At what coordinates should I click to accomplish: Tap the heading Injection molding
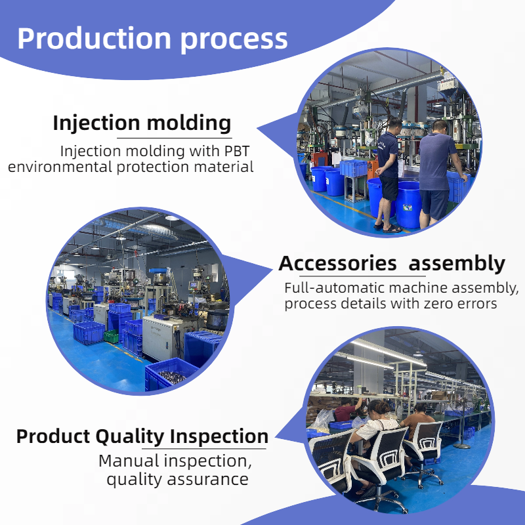click(x=142, y=123)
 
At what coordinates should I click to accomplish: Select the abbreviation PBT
click(x=237, y=151)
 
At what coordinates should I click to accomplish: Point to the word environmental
click(x=60, y=167)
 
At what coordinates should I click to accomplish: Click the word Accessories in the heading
click(x=337, y=263)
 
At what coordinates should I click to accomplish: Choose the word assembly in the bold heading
click(x=457, y=264)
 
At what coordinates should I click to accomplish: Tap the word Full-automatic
click(x=334, y=287)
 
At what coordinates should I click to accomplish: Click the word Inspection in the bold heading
click(x=219, y=437)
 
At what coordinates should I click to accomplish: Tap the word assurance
click(x=207, y=479)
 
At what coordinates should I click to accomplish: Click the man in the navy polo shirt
click(x=389, y=175)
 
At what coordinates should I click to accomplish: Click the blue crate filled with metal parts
click(x=171, y=373)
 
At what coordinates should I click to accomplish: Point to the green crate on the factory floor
click(x=111, y=336)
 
